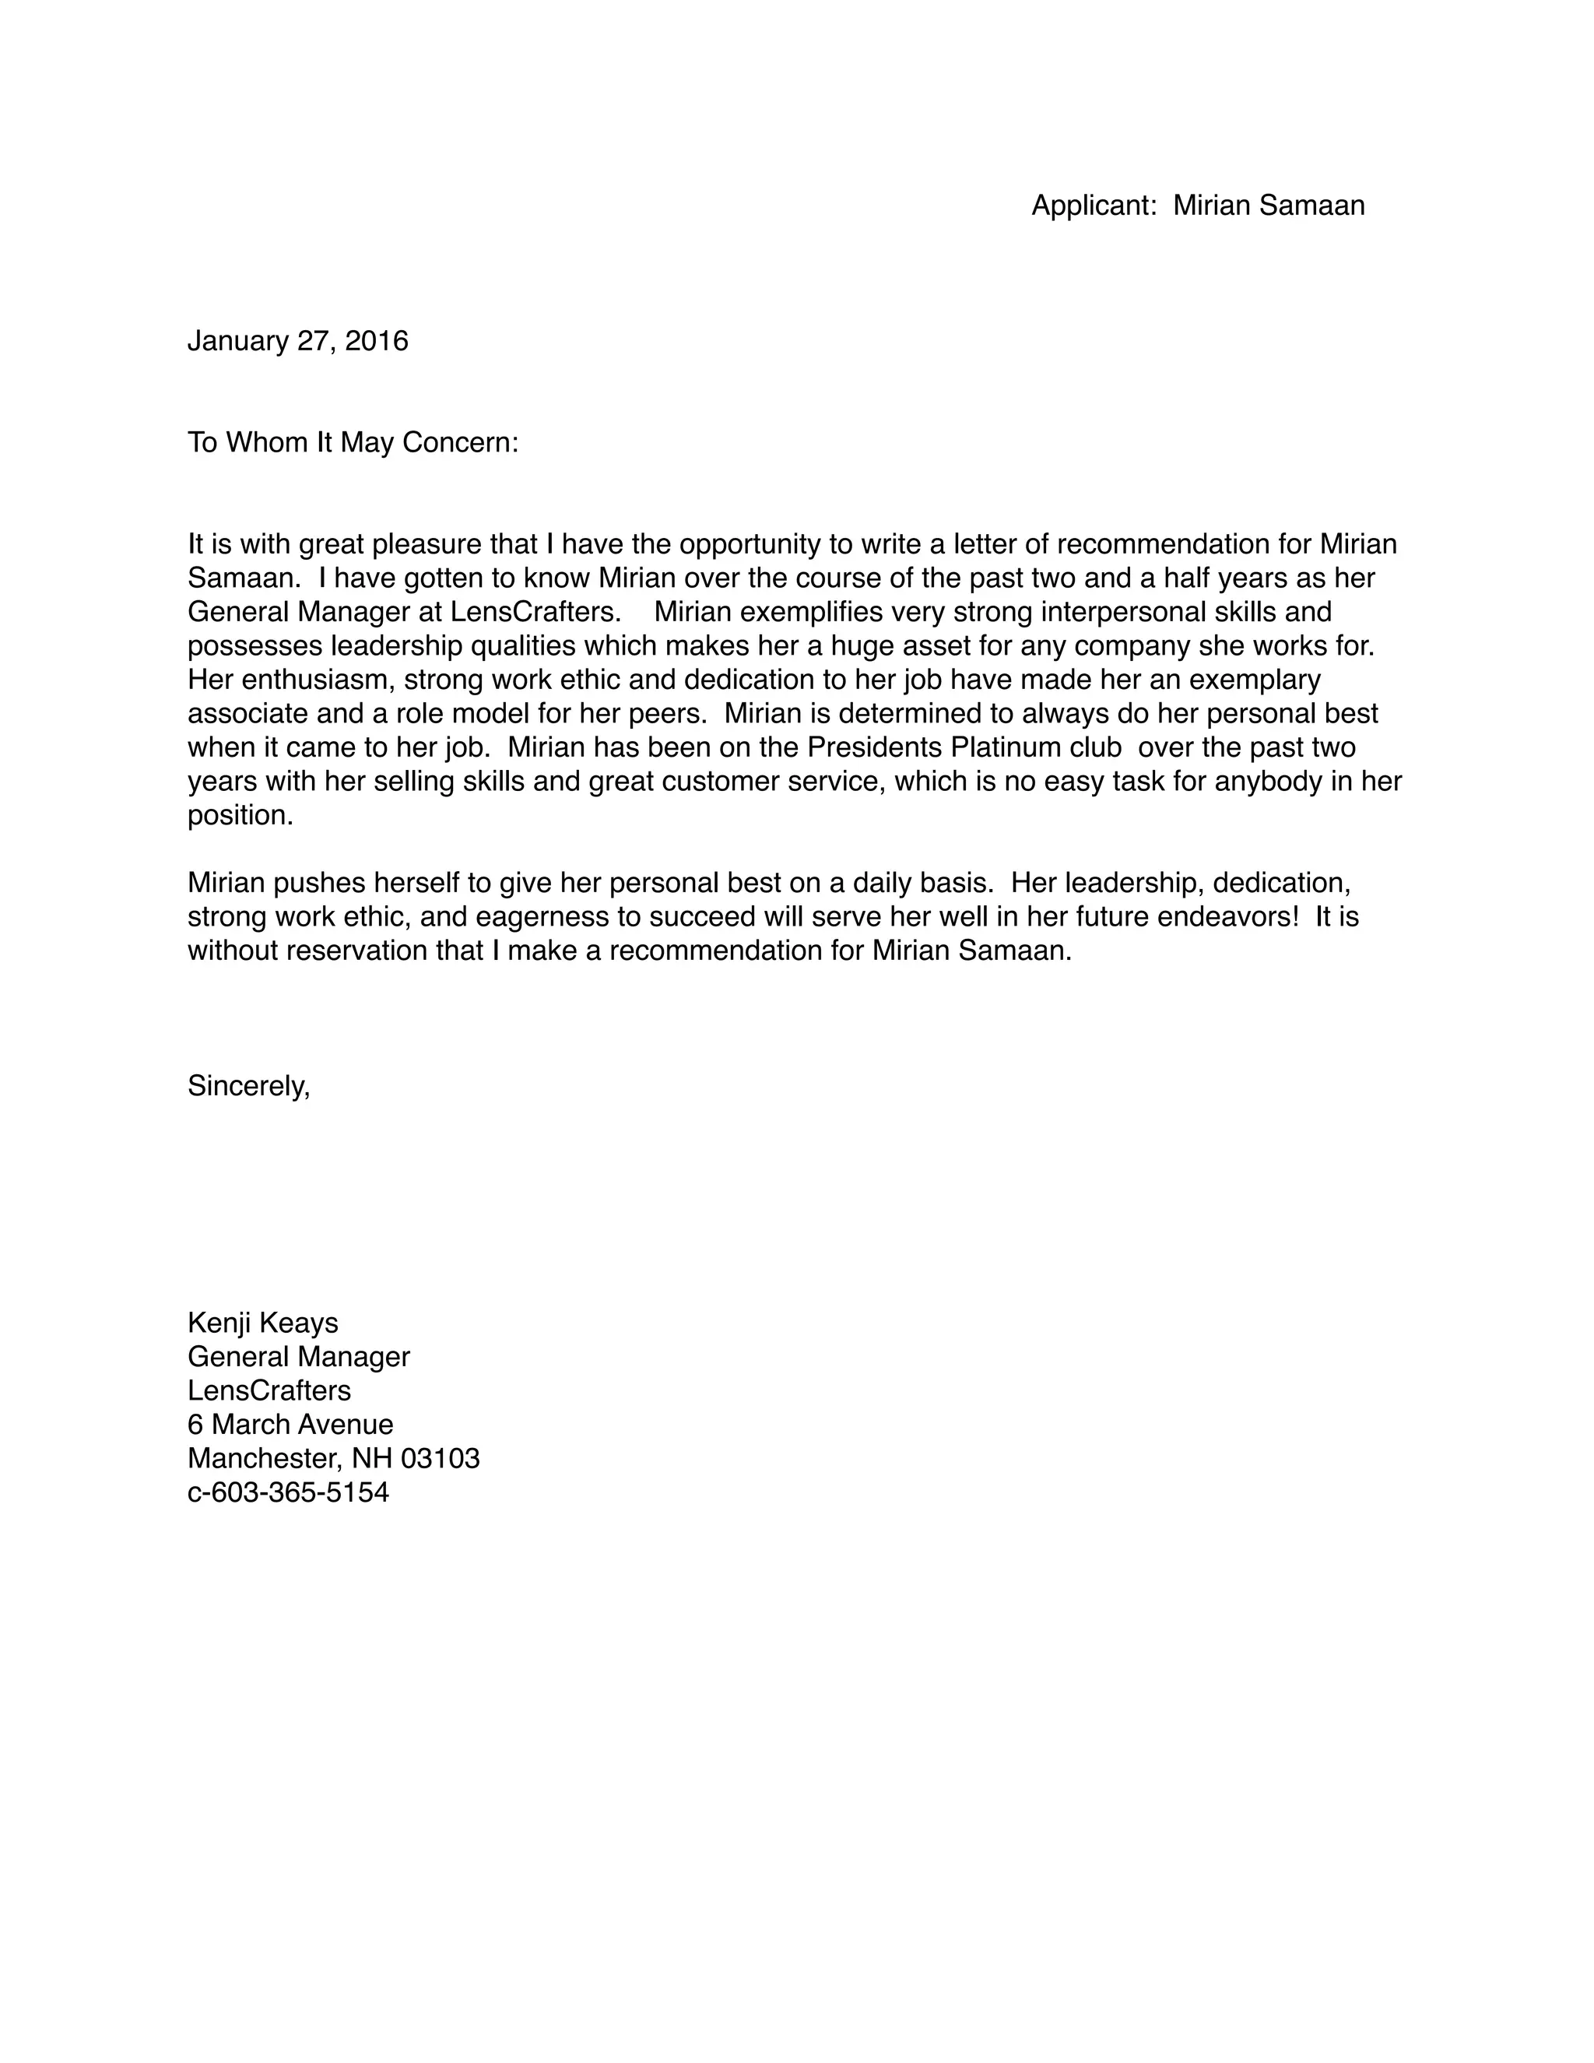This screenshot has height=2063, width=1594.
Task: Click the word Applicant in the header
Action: point(1093,205)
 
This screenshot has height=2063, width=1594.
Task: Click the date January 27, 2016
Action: point(297,341)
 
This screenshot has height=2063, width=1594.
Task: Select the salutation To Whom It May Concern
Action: point(353,442)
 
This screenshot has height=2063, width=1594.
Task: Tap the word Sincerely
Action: point(248,1085)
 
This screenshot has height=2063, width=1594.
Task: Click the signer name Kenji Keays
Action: point(262,1323)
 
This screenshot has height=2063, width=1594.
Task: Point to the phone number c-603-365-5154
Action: point(288,1492)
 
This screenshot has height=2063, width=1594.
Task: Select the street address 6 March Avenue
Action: point(290,1424)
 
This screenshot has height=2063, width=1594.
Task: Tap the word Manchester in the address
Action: point(261,1457)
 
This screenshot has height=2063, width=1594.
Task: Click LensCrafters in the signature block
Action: point(269,1390)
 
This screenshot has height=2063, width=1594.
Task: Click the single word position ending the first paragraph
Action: point(239,815)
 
